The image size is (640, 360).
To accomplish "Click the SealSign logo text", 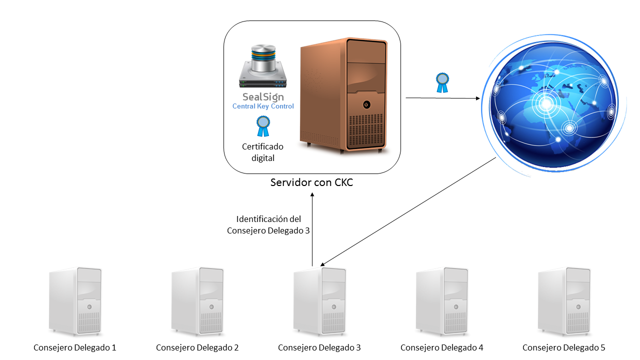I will click(x=263, y=96).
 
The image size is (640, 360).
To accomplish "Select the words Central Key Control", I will click(x=263, y=106).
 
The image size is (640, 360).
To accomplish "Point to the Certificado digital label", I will click(x=262, y=152).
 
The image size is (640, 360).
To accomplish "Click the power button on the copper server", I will click(x=366, y=104).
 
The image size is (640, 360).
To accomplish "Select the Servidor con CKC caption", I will click(x=311, y=182).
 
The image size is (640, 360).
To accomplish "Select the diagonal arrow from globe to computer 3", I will click(x=407, y=212).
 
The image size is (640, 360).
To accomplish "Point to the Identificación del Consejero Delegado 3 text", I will click(x=268, y=225).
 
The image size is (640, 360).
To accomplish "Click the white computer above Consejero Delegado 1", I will click(x=75, y=301).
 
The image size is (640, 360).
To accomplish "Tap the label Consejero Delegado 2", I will click(x=197, y=347).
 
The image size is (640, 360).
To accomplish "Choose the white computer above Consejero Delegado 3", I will click(x=319, y=301).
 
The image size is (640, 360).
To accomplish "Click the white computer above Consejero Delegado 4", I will click(x=441, y=301).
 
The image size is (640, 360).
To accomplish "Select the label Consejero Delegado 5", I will click(x=563, y=347).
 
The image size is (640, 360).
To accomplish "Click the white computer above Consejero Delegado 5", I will click(x=563, y=301).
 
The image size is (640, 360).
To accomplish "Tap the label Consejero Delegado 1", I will click(x=75, y=347).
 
